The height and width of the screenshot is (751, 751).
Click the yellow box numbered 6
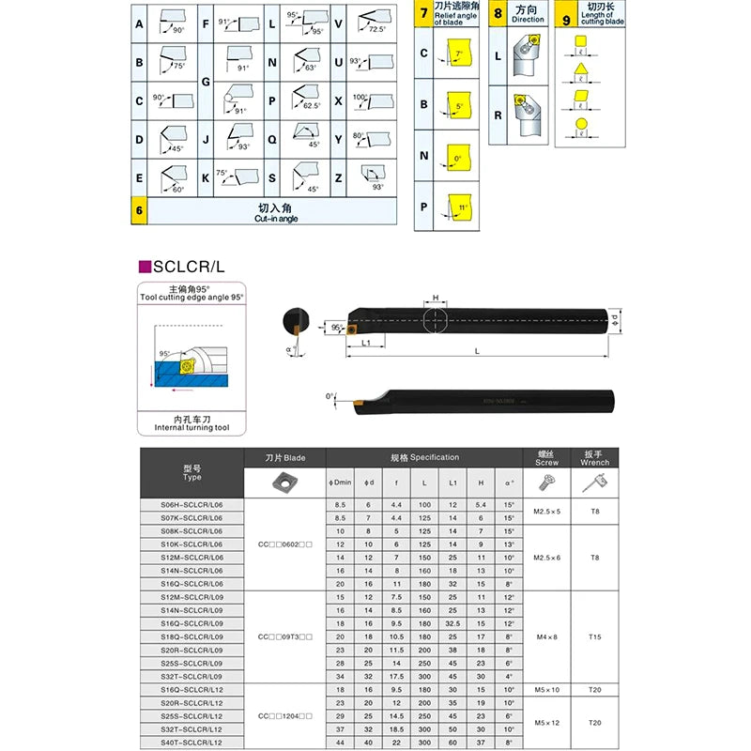click(139, 212)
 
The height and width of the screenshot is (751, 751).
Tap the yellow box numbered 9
click(565, 14)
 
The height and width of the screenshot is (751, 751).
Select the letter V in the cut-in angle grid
click(340, 23)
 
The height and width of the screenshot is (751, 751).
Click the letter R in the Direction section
click(498, 116)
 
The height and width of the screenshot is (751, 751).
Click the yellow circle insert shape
click(582, 124)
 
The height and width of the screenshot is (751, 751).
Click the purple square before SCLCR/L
click(145, 266)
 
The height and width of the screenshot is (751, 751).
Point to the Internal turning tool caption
click(192, 425)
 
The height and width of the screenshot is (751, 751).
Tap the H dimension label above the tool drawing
click(435, 298)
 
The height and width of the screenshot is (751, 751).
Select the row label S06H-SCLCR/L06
click(192, 504)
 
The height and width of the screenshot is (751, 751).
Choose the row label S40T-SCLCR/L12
click(192, 743)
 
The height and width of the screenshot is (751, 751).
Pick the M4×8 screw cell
click(546, 637)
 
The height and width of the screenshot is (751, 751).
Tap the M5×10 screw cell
click(546, 690)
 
